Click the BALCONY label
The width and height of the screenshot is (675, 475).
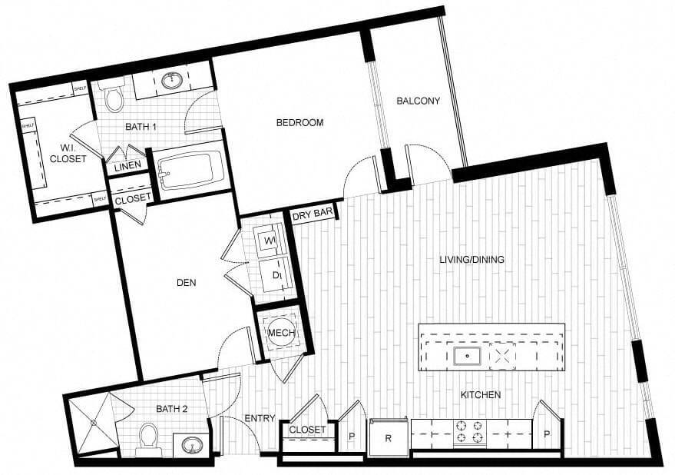418,101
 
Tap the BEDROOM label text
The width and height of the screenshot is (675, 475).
299,123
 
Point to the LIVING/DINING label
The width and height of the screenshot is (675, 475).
472,260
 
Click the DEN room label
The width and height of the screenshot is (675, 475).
186,283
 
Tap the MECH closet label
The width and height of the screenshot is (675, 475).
277,333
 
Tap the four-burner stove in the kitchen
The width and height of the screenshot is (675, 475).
470,433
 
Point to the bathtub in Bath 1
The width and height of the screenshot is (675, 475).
189,171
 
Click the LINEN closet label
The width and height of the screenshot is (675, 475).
126,167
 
